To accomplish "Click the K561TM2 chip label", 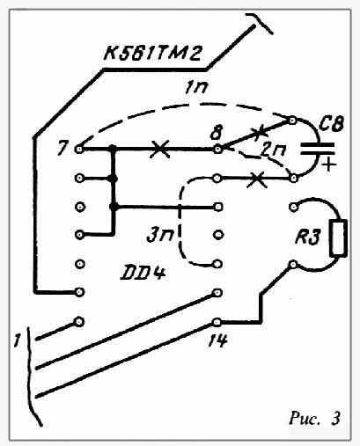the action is click(x=152, y=54).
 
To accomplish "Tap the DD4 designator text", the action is click(x=143, y=274).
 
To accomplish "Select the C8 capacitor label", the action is click(x=331, y=124).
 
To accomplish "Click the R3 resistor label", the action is click(x=307, y=238).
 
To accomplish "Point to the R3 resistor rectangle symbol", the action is click(x=339, y=238).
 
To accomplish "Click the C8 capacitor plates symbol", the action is click(x=318, y=149).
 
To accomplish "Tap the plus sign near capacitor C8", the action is click(x=329, y=165).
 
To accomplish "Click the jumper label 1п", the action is click(x=196, y=88).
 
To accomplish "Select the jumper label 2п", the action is click(x=270, y=150).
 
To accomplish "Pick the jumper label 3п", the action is click(x=160, y=236).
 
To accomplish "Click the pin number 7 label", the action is click(x=62, y=149).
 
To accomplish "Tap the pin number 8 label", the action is click(x=217, y=133).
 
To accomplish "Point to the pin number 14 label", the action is click(x=217, y=340).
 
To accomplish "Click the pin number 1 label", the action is click(x=18, y=341).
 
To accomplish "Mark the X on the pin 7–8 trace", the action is click(x=159, y=149).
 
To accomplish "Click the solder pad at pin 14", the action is click(x=217, y=322).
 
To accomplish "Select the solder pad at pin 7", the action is click(x=79, y=150).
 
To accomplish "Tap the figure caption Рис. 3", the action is click(x=314, y=418).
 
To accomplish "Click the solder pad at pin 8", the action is click(x=218, y=150).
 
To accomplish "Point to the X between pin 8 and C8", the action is click(x=258, y=134).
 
